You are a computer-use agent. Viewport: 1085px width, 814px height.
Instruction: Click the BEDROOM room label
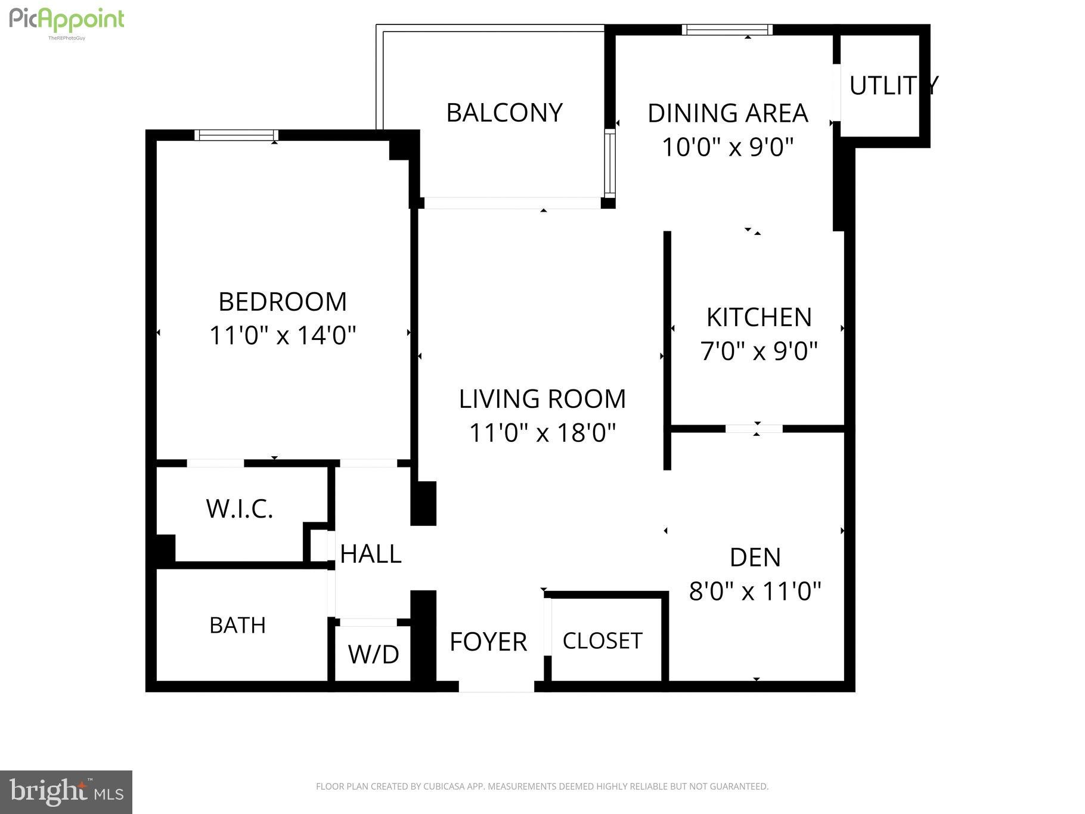point(283,302)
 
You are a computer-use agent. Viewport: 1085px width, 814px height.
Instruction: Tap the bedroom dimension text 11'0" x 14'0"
point(283,335)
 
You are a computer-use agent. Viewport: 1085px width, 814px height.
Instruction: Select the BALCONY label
point(504,113)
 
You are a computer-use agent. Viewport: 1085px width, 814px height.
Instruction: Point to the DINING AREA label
point(728,113)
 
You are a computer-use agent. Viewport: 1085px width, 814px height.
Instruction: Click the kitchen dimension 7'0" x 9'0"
point(759,351)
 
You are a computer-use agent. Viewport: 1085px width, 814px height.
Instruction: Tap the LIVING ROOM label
point(542,399)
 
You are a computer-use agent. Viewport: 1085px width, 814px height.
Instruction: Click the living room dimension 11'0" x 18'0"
point(542,432)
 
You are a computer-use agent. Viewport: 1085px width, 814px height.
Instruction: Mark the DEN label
point(755,558)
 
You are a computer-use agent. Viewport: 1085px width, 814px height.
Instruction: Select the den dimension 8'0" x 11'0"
point(755,592)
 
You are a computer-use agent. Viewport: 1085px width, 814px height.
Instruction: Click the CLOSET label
point(602,641)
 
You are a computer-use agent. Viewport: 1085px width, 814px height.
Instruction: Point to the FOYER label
point(488,642)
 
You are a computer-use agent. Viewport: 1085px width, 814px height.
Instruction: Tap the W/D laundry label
point(373,654)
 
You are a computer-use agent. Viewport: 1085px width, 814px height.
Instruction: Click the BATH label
point(237,626)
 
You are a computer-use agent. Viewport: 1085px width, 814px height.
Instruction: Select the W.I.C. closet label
point(240,509)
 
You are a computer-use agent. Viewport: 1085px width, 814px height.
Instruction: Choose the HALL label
point(371,554)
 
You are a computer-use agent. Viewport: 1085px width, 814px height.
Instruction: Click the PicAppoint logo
point(67,21)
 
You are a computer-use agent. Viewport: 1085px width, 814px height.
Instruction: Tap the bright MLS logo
point(66,792)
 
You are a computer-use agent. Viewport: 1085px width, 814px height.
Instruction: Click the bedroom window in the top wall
point(237,135)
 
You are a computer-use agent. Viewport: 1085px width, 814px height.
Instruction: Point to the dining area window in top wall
point(727,30)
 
